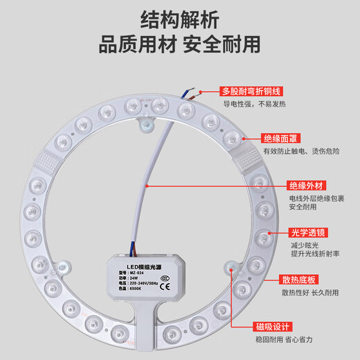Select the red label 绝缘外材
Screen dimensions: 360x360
(306, 186)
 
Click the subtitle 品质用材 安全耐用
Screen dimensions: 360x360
(180, 44)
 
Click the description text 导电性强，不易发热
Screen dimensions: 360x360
(264, 105)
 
